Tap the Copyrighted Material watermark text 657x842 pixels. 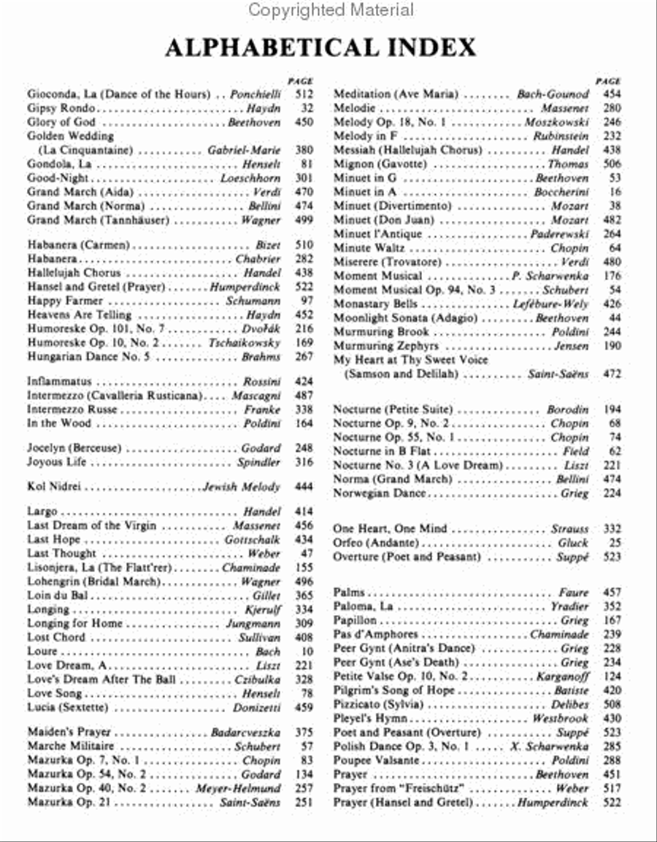[x=330, y=10]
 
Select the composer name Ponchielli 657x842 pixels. [x=255, y=94]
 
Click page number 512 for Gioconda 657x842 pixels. [x=304, y=94]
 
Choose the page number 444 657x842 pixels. [x=304, y=487]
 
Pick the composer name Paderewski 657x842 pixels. [x=559, y=234]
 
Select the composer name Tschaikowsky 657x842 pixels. [x=245, y=343]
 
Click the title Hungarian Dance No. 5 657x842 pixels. [x=88, y=357]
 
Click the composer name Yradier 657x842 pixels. [x=569, y=606]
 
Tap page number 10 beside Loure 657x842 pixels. [x=307, y=652]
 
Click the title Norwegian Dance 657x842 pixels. [x=380, y=493]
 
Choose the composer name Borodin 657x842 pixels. [x=567, y=410]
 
